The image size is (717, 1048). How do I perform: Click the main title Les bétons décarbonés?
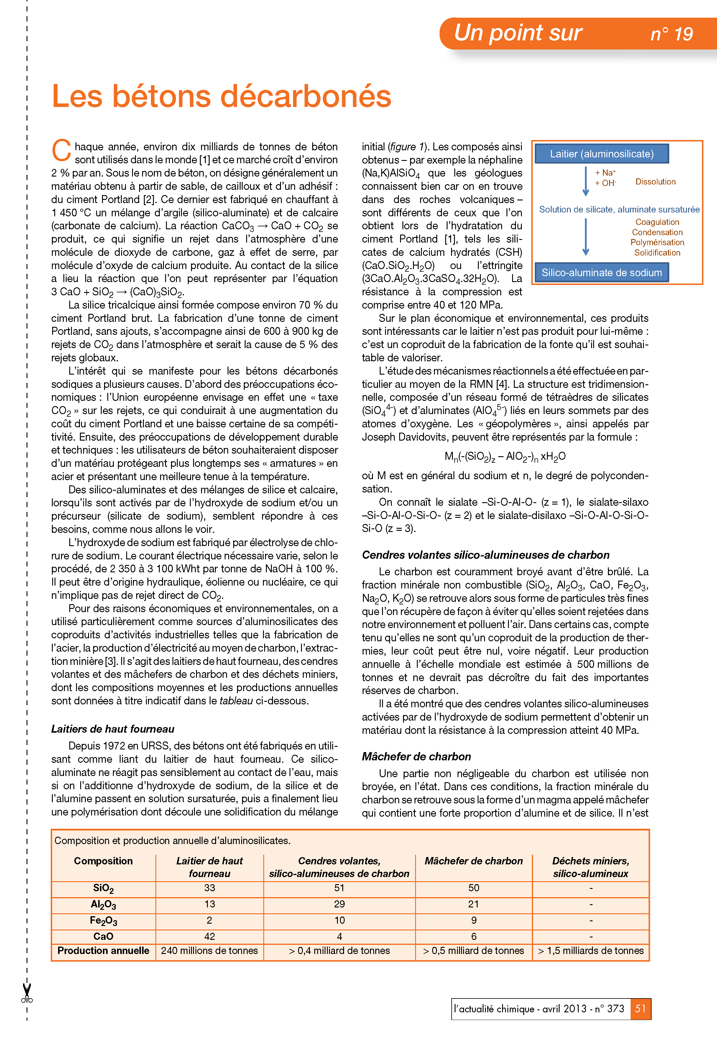(x=221, y=96)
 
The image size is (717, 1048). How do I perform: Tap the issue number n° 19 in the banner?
(x=671, y=34)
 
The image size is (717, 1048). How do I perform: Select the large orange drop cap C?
(x=61, y=150)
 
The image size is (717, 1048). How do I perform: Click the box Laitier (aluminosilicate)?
(x=601, y=154)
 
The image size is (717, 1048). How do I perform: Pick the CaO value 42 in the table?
(x=209, y=937)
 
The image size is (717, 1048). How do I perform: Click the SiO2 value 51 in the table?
(x=339, y=888)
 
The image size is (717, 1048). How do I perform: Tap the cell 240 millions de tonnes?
(x=209, y=950)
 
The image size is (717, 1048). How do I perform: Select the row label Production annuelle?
(x=103, y=950)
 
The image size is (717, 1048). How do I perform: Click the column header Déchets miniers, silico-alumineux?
(x=590, y=867)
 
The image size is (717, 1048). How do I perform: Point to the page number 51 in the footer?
(x=640, y=1009)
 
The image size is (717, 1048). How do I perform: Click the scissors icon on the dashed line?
(x=27, y=993)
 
